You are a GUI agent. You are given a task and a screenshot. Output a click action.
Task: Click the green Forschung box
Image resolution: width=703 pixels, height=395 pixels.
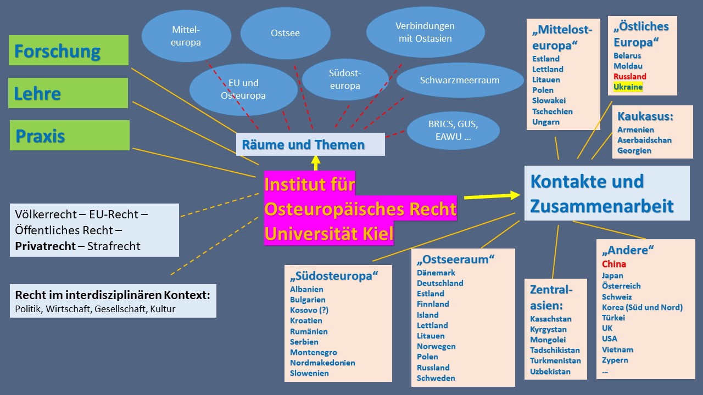click(x=69, y=50)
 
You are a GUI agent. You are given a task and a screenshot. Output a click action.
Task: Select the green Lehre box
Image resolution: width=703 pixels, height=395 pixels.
click(x=68, y=93)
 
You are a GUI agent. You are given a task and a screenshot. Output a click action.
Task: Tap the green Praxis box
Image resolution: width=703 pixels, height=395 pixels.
click(x=70, y=135)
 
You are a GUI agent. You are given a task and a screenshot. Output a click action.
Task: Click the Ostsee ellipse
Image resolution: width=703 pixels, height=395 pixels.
click(x=285, y=33)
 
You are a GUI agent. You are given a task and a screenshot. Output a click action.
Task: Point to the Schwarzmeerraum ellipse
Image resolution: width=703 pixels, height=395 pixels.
click(x=460, y=80)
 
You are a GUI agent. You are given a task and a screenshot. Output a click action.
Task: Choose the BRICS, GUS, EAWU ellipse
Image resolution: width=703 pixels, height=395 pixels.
click(x=453, y=131)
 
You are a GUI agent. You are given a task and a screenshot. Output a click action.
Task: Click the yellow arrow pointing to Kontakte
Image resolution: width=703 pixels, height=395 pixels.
click(x=492, y=195)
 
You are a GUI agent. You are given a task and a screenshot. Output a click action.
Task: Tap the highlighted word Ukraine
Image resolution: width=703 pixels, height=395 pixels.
click(x=628, y=87)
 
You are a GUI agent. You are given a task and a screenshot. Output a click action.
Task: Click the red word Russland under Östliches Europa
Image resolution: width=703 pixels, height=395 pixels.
click(x=629, y=76)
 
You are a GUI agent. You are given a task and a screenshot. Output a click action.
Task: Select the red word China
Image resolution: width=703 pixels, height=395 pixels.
click(x=613, y=264)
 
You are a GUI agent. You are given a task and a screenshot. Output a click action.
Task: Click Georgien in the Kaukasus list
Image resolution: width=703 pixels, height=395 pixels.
click(x=634, y=150)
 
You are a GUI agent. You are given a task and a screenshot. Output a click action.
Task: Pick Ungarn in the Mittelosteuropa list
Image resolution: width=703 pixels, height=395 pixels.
click(x=545, y=122)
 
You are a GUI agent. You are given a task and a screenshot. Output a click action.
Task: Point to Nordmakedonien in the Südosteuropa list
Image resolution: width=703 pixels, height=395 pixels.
click(x=322, y=363)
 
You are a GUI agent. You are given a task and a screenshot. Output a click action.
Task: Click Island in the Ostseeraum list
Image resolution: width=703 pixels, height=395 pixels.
click(x=427, y=315)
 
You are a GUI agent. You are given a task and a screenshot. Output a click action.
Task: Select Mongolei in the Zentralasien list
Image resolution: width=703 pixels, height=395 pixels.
click(x=548, y=340)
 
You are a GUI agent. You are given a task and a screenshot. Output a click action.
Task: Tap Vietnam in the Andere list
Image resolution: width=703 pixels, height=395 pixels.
click(x=617, y=349)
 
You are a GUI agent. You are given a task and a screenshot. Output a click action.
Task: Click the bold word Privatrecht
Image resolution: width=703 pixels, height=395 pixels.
click(x=45, y=246)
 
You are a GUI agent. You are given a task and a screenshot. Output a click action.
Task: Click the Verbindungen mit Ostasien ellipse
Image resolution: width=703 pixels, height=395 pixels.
click(x=425, y=32)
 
